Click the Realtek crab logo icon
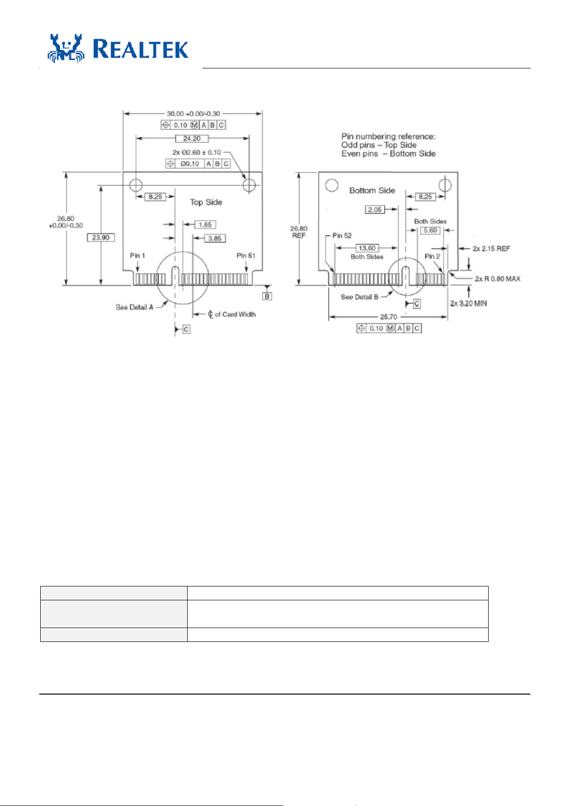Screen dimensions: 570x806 click(x=66, y=48)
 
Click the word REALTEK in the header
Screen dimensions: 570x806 click(x=141, y=49)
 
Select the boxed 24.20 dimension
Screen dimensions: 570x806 click(x=191, y=139)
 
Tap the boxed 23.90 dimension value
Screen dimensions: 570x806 click(x=101, y=237)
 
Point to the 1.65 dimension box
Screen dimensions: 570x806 click(x=205, y=225)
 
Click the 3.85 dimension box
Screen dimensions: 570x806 click(x=215, y=238)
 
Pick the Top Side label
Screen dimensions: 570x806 click(x=206, y=202)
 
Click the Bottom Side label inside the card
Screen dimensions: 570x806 click(x=372, y=190)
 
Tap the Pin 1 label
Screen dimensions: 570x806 click(x=137, y=255)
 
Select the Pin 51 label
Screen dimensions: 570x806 click(x=246, y=255)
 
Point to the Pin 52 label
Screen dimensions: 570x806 click(x=342, y=235)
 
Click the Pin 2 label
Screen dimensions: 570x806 click(x=432, y=256)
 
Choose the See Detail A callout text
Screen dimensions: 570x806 click(x=134, y=307)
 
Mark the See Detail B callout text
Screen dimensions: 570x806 click(x=359, y=297)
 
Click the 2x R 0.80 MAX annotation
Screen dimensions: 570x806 click(x=497, y=279)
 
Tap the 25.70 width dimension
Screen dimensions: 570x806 click(x=389, y=317)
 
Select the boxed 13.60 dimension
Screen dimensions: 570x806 click(x=367, y=248)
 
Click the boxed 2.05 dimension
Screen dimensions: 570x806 click(x=375, y=210)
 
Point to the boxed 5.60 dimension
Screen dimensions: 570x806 click(x=430, y=230)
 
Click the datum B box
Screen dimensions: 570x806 click(x=267, y=297)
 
